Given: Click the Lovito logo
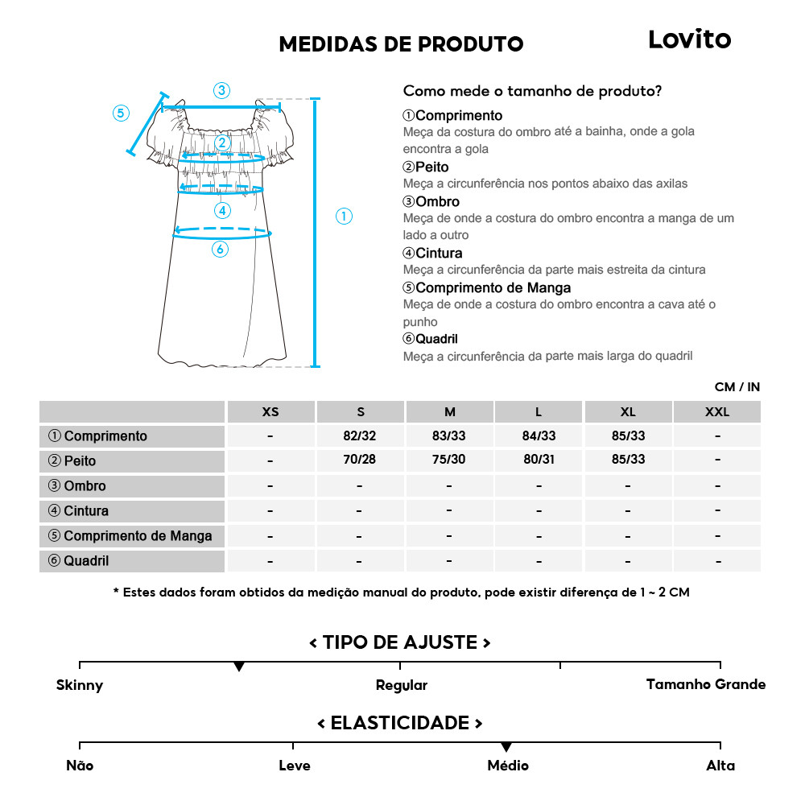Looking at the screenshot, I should point(689,39).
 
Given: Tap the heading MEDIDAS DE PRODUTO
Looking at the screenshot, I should point(401,43).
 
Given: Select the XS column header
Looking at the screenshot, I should point(270,412).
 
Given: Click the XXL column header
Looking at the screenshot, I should point(716,412).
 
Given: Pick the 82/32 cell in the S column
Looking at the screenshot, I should point(360,436).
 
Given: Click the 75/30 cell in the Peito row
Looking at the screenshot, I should point(449,461).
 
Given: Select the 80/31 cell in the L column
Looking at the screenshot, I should point(539,461).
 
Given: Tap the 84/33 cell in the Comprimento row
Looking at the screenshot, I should point(539,436).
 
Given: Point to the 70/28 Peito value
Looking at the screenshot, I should point(360,461).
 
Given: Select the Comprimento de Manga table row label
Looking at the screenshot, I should point(130,536).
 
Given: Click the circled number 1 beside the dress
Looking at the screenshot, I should point(344,216).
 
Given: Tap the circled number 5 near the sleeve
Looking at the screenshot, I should point(121,113).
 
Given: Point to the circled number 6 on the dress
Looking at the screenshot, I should point(220,250).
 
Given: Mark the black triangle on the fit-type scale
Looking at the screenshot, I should point(239,667).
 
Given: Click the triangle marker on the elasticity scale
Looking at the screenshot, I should point(506,748).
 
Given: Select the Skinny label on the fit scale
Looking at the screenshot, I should point(80,686).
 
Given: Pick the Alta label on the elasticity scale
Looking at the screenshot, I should point(720,766).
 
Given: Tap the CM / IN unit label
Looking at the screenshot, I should point(737,387).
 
